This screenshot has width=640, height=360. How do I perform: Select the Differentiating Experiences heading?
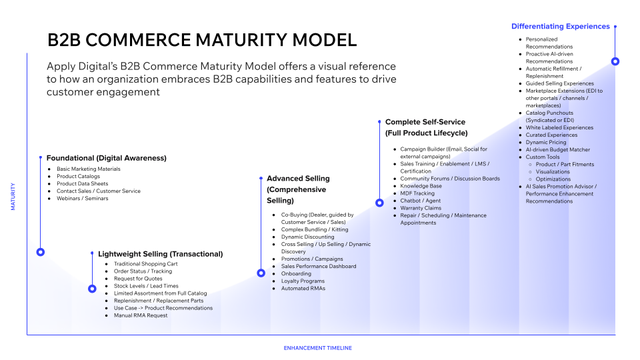pyautogui.click(x=560, y=26)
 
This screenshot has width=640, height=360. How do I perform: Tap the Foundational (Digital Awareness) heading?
pyautogui.click(x=105, y=157)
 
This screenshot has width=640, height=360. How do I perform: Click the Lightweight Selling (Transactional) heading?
pyautogui.click(x=160, y=254)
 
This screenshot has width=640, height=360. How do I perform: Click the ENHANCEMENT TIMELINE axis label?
pyautogui.click(x=318, y=348)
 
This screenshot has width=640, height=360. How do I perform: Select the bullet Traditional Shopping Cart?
pyautogui.click(x=146, y=264)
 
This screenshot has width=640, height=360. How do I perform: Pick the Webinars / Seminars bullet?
pyautogui.click(x=83, y=198)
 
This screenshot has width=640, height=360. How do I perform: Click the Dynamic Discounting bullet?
pyautogui.click(x=308, y=237)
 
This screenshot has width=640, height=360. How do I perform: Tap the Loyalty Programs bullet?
pyautogui.click(x=304, y=281)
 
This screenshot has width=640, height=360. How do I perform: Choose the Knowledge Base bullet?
pyautogui.click(x=421, y=186)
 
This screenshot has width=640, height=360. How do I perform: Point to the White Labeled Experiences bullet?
pyautogui.click(x=559, y=127)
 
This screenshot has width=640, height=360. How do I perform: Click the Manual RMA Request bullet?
pyautogui.click(x=142, y=315)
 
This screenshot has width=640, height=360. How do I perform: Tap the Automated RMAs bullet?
pyautogui.click(x=303, y=288)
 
